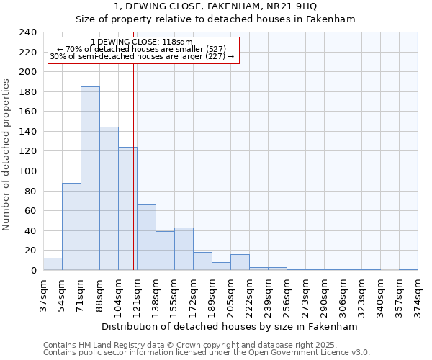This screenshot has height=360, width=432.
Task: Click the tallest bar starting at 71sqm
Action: click(90, 179)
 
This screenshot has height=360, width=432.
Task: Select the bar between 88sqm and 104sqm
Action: click(109, 199)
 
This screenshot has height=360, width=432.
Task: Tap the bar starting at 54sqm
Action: click(71, 227)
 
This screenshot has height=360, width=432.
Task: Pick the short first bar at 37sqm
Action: click(53, 264)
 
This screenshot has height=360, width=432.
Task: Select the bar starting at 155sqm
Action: click(184, 249)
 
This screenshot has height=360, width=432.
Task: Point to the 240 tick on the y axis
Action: click(28, 32)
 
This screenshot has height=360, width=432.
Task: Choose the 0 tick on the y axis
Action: click(34, 271)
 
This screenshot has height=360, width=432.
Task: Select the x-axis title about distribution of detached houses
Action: click(230, 326)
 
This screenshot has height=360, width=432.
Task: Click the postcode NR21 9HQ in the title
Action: click(282, 6)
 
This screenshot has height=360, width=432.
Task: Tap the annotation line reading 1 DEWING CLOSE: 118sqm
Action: click(143, 42)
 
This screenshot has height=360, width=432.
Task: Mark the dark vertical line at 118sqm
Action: click(134, 166)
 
